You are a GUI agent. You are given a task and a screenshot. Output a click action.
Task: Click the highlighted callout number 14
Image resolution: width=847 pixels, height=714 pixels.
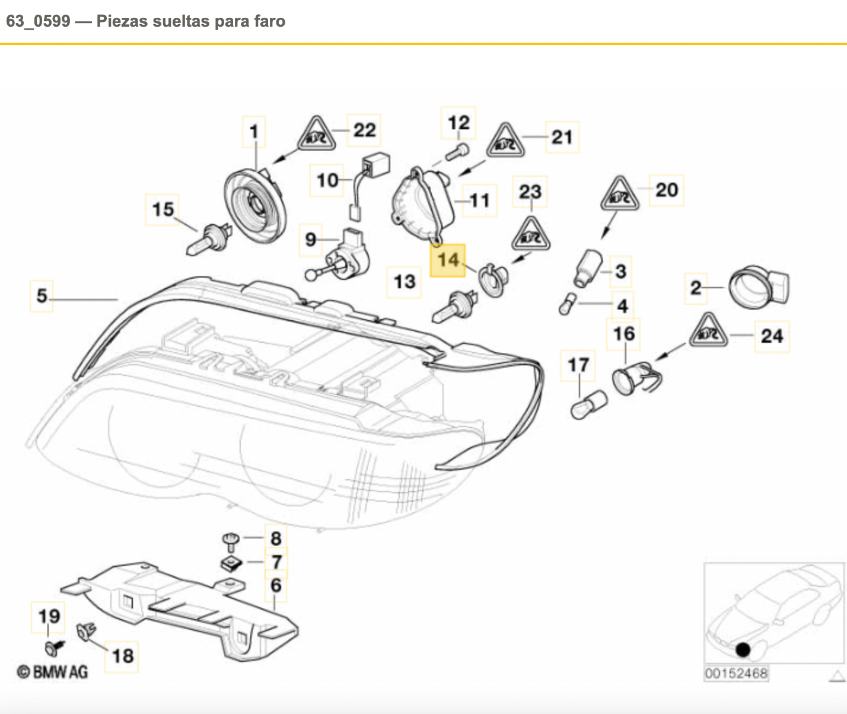[x=448, y=260]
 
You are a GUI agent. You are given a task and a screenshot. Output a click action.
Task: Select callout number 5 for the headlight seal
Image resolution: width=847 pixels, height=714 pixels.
[x=42, y=295]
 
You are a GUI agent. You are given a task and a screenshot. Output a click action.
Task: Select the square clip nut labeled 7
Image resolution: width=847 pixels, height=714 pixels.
[x=230, y=563]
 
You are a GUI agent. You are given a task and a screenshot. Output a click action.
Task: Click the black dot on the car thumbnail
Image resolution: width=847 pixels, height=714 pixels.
[x=742, y=649]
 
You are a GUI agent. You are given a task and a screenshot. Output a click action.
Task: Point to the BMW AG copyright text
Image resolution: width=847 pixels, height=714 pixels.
[x=53, y=671]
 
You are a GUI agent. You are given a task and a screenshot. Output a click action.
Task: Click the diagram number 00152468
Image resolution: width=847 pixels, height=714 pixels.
[x=735, y=673]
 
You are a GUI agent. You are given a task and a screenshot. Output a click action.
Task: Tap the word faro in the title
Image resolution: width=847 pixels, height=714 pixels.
[x=270, y=21]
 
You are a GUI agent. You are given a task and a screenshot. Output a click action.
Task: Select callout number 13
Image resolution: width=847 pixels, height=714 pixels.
[x=405, y=281]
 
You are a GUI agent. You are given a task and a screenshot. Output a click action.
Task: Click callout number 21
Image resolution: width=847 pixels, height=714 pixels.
[x=562, y=138]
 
